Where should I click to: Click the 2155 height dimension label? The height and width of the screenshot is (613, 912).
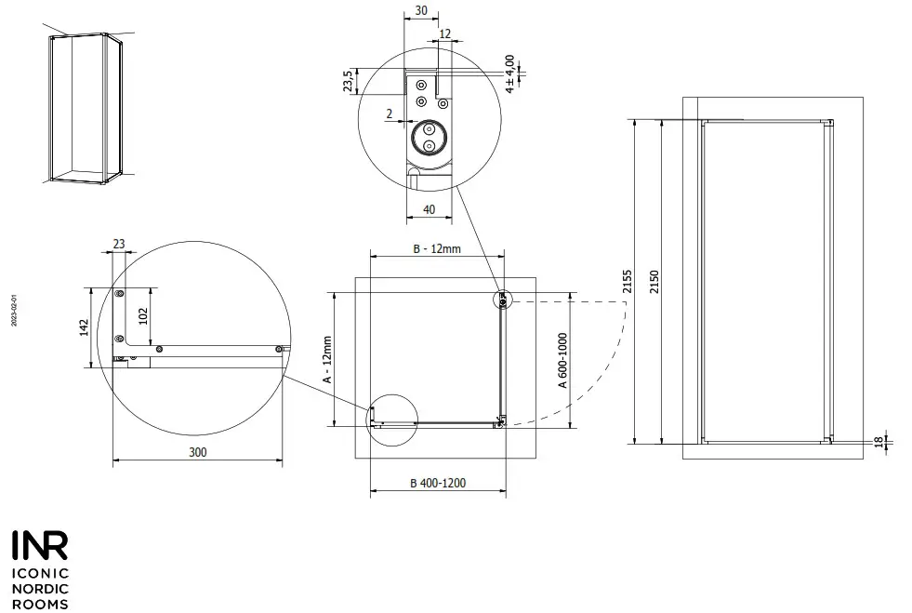pyautogui.click(x=628, y=281)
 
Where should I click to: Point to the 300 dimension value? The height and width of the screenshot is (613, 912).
pyautogui.click(x=197, y=452)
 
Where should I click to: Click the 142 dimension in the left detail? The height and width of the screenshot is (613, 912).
pyautogui.click(x=84, y=327)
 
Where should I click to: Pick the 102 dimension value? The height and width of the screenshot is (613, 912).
pyautogui.click(x=142, y=314)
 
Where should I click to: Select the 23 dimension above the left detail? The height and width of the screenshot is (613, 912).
pyautogui.click(x=119, y=244)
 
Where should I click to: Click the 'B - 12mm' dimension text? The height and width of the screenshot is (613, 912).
pyautogui.click(x=436, y=249)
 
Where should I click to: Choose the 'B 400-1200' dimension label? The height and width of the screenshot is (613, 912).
pyautogui.click(x=438, y=483)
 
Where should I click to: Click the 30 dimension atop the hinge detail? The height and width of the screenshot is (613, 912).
pyautogui.click(x=421, y=11)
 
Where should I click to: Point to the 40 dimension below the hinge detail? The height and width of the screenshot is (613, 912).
pyautogui.click(x=429, y=209)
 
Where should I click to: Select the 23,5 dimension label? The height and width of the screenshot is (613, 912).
pyautogui.click(x=348, y=81)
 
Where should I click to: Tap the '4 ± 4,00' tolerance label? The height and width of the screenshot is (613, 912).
pyautogui.click(x=509, y=73)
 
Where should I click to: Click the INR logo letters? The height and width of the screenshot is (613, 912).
pyautogui.click(x=39, y=546)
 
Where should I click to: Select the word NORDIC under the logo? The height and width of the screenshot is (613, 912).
pyautogui.click(x=38, y=589)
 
